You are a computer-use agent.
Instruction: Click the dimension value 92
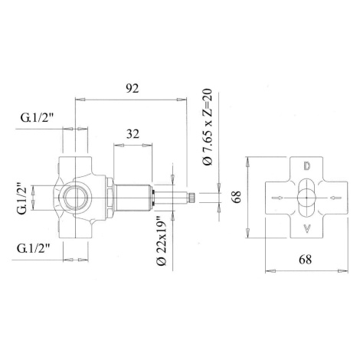133,89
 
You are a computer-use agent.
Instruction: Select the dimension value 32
133,134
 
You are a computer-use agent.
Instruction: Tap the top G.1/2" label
38,118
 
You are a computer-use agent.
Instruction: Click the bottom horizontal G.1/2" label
34,248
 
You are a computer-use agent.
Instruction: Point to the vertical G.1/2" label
22,198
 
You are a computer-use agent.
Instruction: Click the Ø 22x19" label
162,241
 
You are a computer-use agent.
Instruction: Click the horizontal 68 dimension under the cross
306,260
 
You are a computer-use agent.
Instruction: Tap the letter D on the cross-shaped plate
307,166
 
